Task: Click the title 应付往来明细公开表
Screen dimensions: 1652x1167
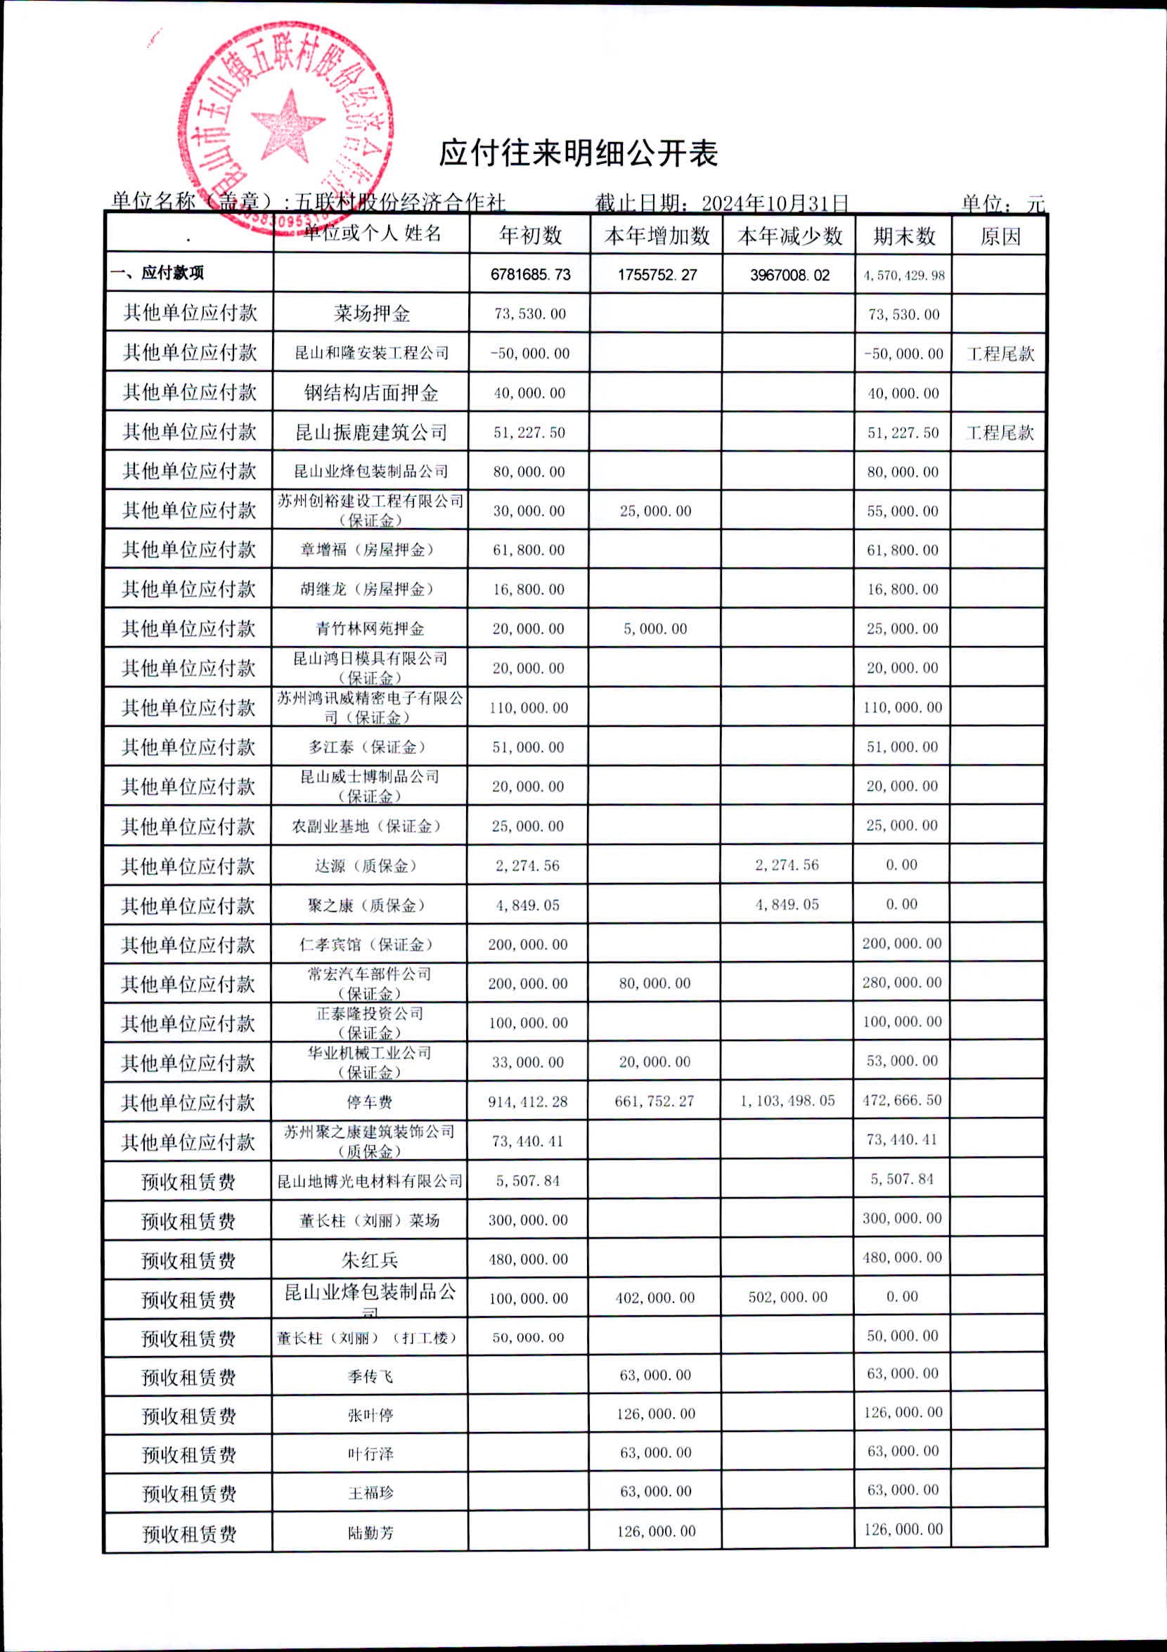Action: [579, 153]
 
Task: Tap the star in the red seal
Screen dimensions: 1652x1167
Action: [287, 125]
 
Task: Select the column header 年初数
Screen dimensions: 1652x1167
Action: [530, 236]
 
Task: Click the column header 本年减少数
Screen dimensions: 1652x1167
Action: [789, 236]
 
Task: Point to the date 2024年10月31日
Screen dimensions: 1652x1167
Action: [775, 203]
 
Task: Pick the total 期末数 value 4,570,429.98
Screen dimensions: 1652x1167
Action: [903, 276]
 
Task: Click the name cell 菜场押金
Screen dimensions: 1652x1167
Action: [371, 314]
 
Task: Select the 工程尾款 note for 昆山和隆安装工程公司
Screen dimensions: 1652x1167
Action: [1000, 354]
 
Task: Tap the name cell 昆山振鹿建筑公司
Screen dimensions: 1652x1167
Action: [371, 432]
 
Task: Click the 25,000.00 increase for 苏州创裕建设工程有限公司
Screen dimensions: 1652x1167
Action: [655, 511]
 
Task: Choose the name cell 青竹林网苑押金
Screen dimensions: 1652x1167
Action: [370, 629]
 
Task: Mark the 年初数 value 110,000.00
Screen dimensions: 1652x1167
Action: [529, 708]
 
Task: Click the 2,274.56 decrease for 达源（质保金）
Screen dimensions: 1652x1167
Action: [787, 865]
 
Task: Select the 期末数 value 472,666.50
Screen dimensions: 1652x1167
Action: [902, 1100]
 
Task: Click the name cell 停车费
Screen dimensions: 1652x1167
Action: [370, 1102]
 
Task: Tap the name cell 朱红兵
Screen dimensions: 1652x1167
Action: [370, 1259]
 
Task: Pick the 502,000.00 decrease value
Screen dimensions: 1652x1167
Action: [788, 1297]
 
